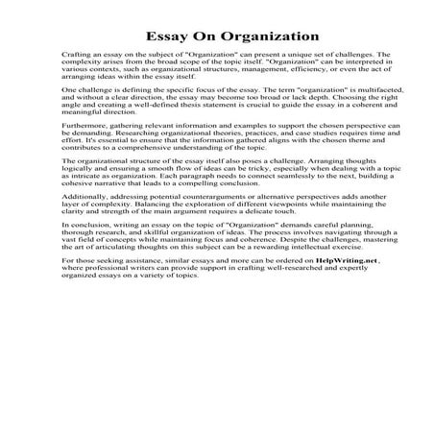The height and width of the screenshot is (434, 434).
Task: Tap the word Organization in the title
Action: click(x=251, y=37)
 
